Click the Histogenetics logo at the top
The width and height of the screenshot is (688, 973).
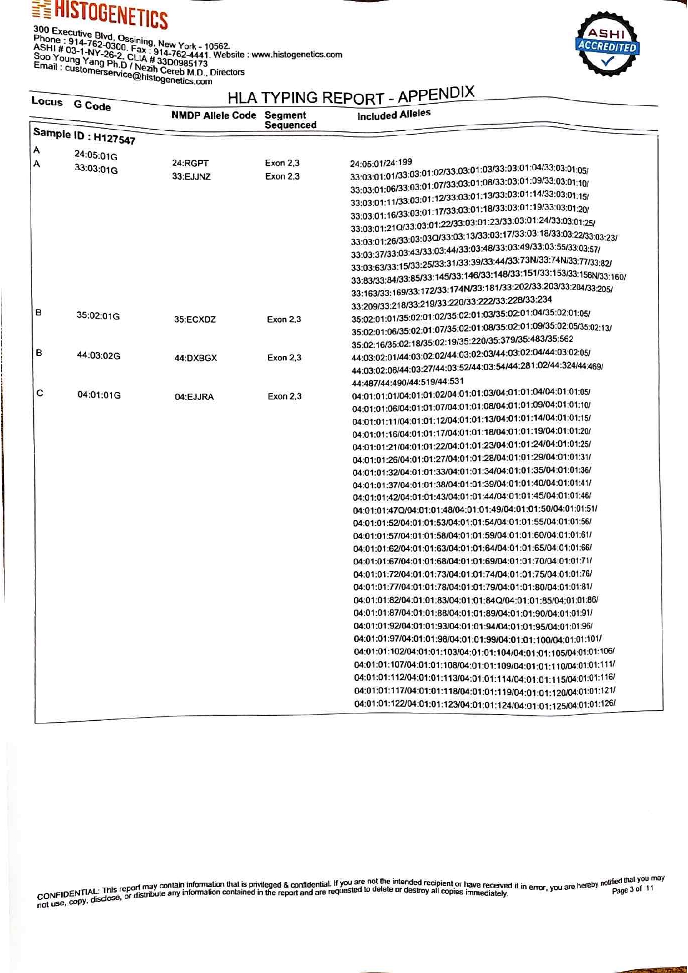(x=100, y=14)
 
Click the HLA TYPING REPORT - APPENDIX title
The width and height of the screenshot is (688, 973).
(x=351, y=96)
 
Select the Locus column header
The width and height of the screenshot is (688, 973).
(x=47, y=101)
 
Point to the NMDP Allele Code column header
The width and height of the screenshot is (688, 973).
(x=214, y=115)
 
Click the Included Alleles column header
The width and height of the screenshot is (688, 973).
(x=393, y=115)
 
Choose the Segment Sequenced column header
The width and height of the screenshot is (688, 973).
(x=290, y=120)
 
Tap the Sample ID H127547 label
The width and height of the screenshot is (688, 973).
(x=84, y=136)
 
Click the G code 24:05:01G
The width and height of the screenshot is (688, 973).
(x=96, y=156)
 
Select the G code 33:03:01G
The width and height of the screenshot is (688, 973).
(x=96, y=169)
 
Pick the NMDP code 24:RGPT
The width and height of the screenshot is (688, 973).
(x=190, y=163)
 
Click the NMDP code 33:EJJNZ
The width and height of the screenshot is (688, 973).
(x=191, y=177)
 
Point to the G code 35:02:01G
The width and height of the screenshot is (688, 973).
(x=98, y=316)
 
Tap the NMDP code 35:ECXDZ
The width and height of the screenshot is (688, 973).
(x=195, y=319)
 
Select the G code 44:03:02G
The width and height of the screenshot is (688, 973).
(x=99, y=355)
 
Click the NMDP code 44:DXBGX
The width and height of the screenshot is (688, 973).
(x=195, y=358)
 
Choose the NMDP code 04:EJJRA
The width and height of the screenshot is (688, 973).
(x=194, y=397)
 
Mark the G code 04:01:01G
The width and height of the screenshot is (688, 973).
(x=99, y=395)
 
